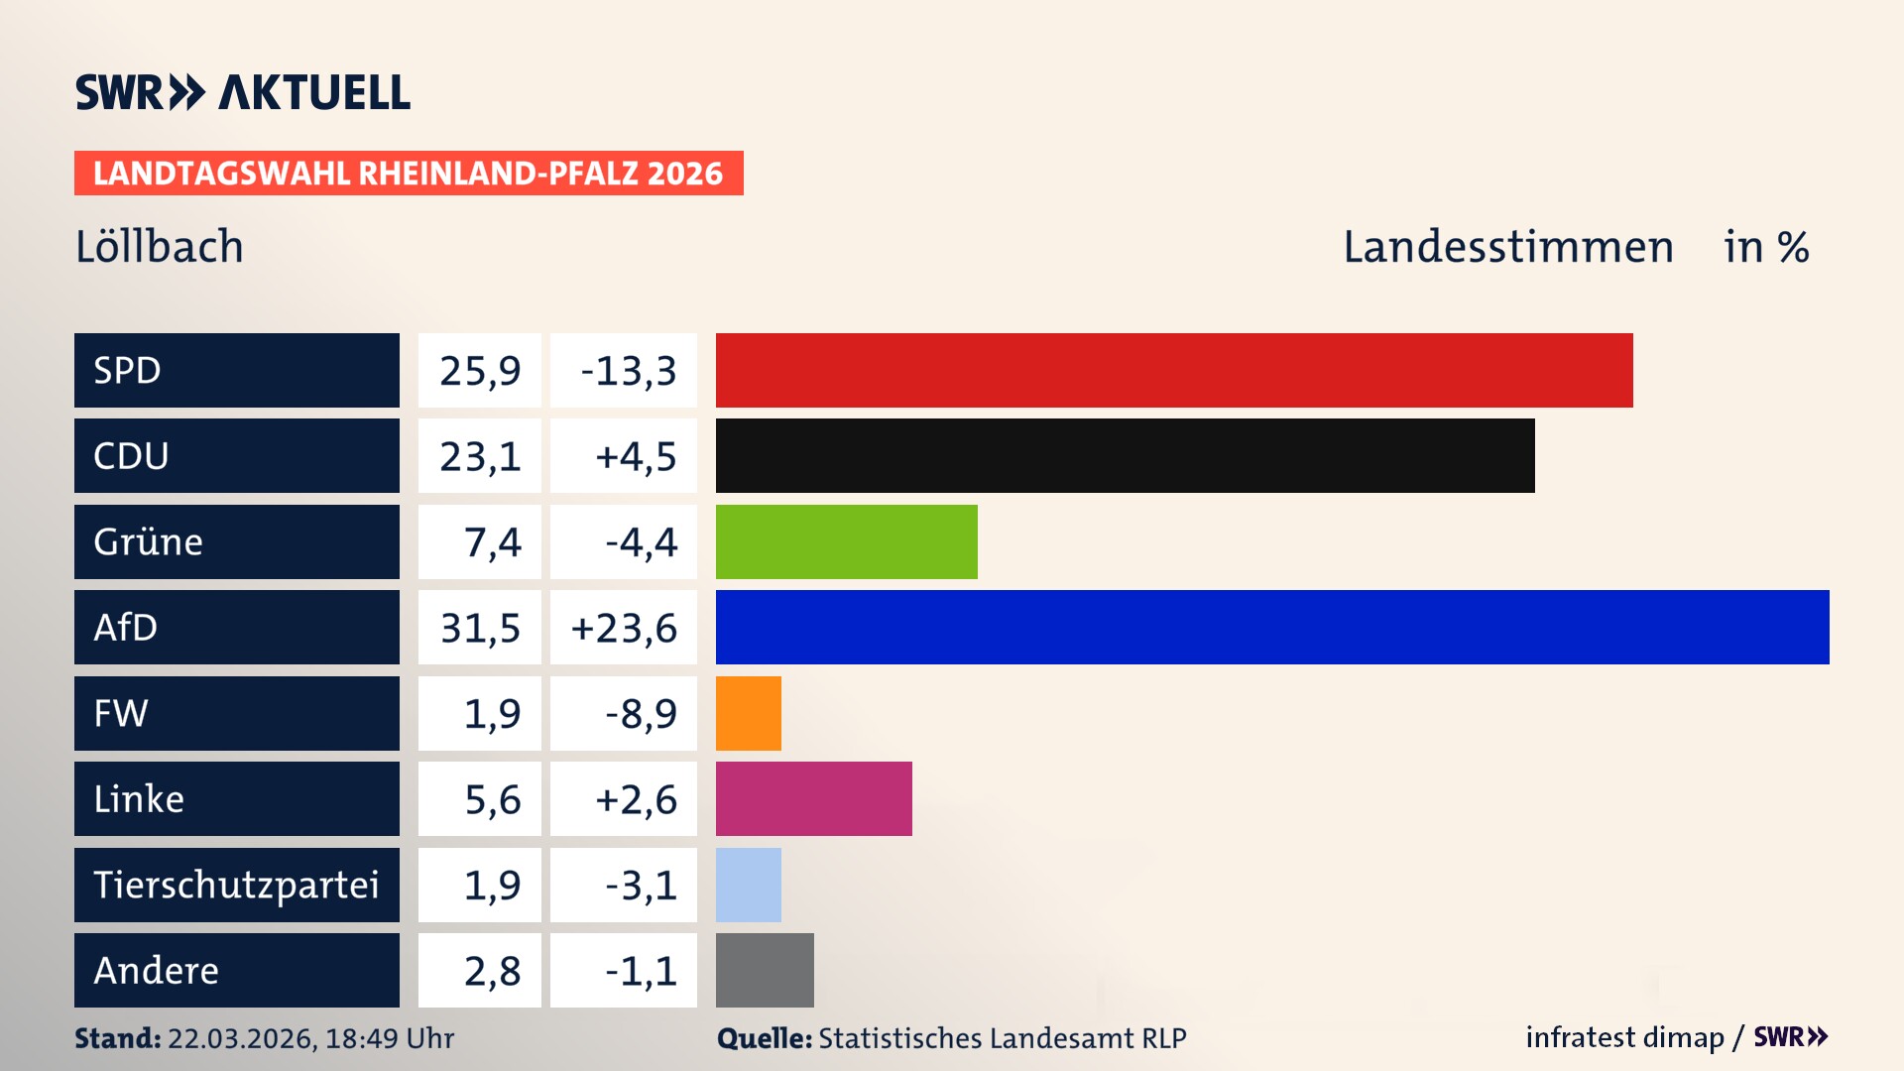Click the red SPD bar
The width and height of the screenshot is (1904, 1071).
coord(1174,370)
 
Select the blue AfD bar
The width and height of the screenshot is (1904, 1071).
coord(1272,627)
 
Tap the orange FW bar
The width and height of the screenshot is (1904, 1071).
coord(748,713)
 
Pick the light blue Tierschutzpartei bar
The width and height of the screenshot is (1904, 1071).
coord(748,885)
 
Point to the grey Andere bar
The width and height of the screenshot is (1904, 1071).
coord(765,970)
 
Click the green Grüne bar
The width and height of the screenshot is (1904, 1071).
coord(846,541)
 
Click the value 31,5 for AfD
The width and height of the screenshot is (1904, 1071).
coord(480,628)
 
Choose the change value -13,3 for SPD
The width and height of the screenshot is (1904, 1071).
coord(628,371)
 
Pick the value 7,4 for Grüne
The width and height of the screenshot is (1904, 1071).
coord(492,542)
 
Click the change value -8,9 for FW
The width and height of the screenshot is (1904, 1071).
coord(641,714)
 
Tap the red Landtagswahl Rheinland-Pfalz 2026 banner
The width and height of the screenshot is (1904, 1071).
coord(409,174)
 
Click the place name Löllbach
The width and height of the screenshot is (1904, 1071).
coord(160,247)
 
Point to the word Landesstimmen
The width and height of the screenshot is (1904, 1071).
coord(1507,247)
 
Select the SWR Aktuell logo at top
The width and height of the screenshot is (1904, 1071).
coord(243,92)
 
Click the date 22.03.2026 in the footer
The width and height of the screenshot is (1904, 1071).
coord(241,1038)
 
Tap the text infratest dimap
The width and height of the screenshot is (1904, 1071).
coord(1624,1037)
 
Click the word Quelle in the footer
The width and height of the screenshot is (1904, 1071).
coord(764,1038)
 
